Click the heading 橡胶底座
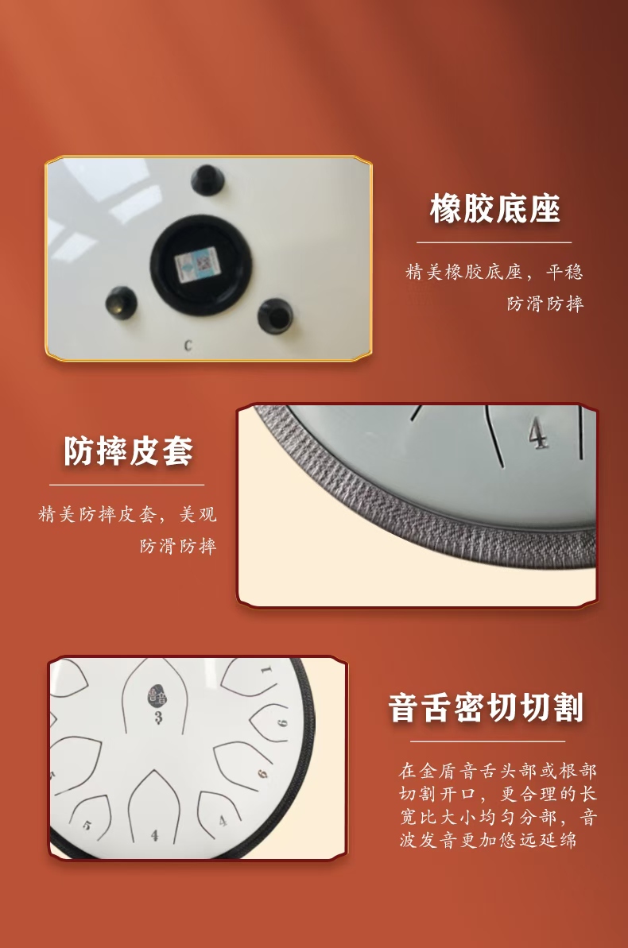click(x=495, y=209)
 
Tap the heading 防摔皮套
click(x=128, y=451)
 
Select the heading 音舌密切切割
click(x=486, y=708)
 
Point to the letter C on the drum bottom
click(x=188, y=345)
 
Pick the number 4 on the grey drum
click(x=538, y=433)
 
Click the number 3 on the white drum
click(x=158, y=718)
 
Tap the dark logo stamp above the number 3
click(x=157, y=697)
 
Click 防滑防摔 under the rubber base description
click(x=545, y=304)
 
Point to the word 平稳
click(x=564, y=272)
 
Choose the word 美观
click(x=198, y=514)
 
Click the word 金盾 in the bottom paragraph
click(x=439, y=771)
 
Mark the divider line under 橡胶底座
click(x=494, y=242)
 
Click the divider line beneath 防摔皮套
click(x=126, y=485)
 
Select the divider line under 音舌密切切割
click(x=487, y=741)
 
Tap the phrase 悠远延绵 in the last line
click(x=538, y=840)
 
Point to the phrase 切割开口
click(x=439, y=794)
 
